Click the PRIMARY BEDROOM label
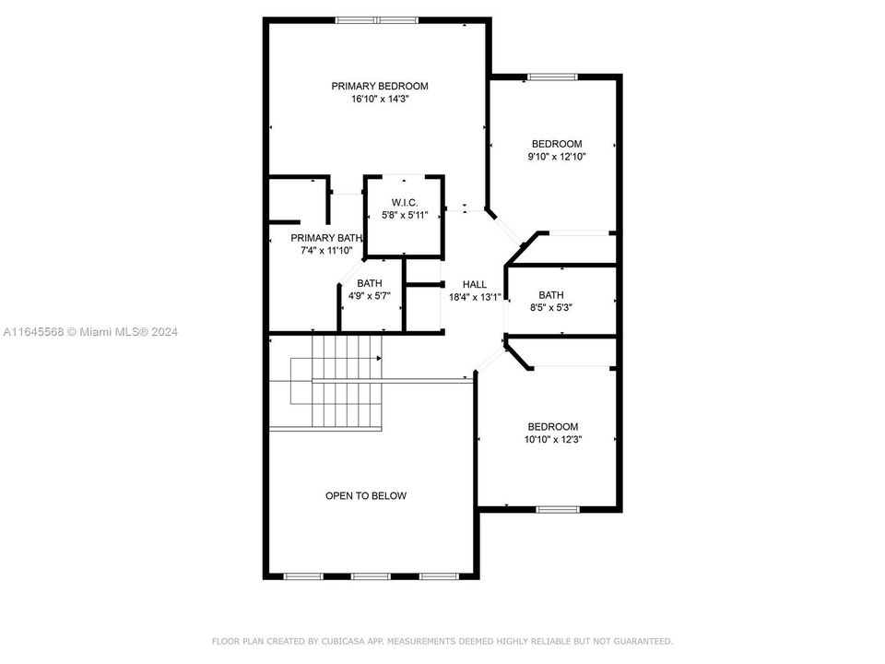pos(380,86)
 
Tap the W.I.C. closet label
pos(406,202)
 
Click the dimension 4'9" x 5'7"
pos(370,296)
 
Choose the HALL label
pos(474,284)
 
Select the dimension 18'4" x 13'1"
pos(474,297)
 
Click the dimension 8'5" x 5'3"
pos(551,308)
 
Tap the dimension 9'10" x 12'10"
pos(557,157)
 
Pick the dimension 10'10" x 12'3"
pos(552,440)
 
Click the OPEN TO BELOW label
pos(366,496)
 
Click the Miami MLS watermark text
pos(90,332)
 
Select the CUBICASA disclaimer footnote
pos(442,641)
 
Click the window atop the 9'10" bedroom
pos(552,77)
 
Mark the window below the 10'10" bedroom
pos(558,509)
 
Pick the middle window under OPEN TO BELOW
pos(371,576)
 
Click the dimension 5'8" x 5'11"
pos(406,215)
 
